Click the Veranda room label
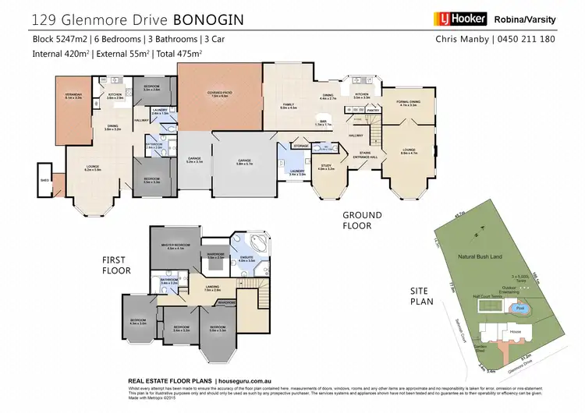73,95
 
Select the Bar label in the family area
322,122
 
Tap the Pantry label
373,111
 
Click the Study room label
326,166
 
